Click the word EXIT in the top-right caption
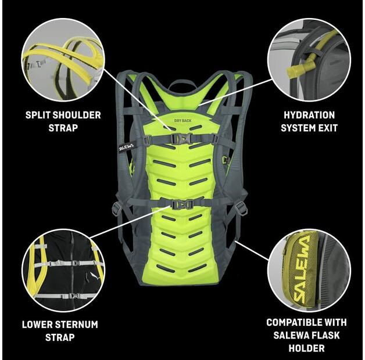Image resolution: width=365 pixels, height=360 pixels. (x=327, y=127)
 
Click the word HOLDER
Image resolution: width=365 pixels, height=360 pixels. (x=306, y=348)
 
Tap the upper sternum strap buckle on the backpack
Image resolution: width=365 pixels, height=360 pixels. (x=182, y=138)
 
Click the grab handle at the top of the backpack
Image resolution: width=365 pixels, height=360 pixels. (x=182, y=83)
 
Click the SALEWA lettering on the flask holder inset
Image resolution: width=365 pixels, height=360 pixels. (x=306, y=268)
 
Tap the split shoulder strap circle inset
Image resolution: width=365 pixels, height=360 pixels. (x=63, y=60)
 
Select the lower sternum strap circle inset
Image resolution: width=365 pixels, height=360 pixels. (x=63, y=270)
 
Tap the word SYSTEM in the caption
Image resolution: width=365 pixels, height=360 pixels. (x=298, y=127)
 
